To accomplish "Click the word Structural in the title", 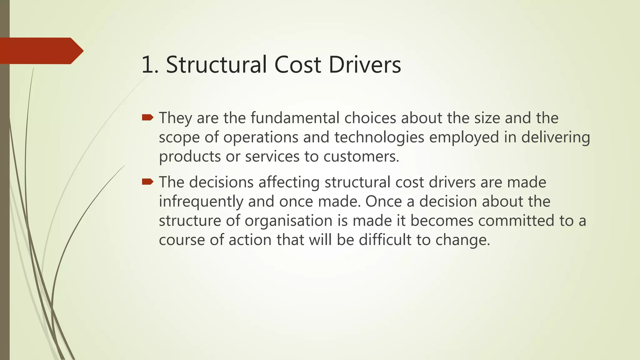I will pyautogui.click(x=217, y=65).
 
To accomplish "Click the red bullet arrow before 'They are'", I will pyautogui.click(x=147, y=117).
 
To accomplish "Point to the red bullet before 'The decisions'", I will pyautogui.click(x=147, y=182).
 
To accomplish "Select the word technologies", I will pyautogui.click(x=379, y=137).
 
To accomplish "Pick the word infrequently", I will pyautogui.click(x=201, y=201).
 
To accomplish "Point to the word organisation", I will pyautogui.click(x=288, y=221).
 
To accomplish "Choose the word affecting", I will pyautogui.click(x=289, y=182).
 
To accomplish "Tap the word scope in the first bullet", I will pyautogui.click(x=179, y=137).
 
